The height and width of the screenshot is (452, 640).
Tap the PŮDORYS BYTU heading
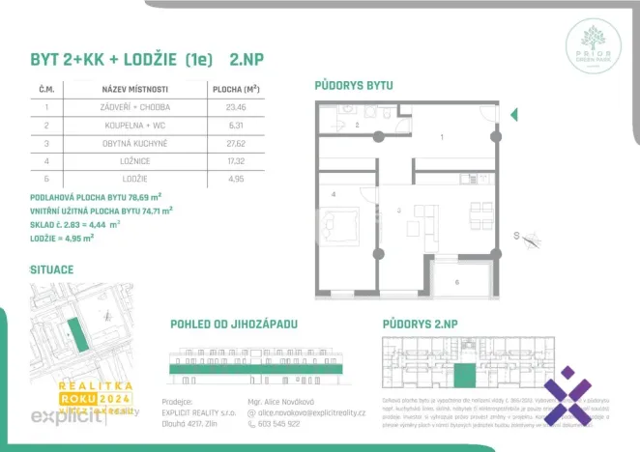(x=354, y=85)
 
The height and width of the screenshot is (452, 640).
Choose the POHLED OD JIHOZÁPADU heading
(x=233, y=323)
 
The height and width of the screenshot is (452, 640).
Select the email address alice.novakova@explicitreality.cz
(x=311, y=412)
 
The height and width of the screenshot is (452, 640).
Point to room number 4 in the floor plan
(x=333, y=195)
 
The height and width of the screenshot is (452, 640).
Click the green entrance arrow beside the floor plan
(x=512, y=115)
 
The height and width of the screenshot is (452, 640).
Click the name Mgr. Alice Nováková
(x=282, y=400)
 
